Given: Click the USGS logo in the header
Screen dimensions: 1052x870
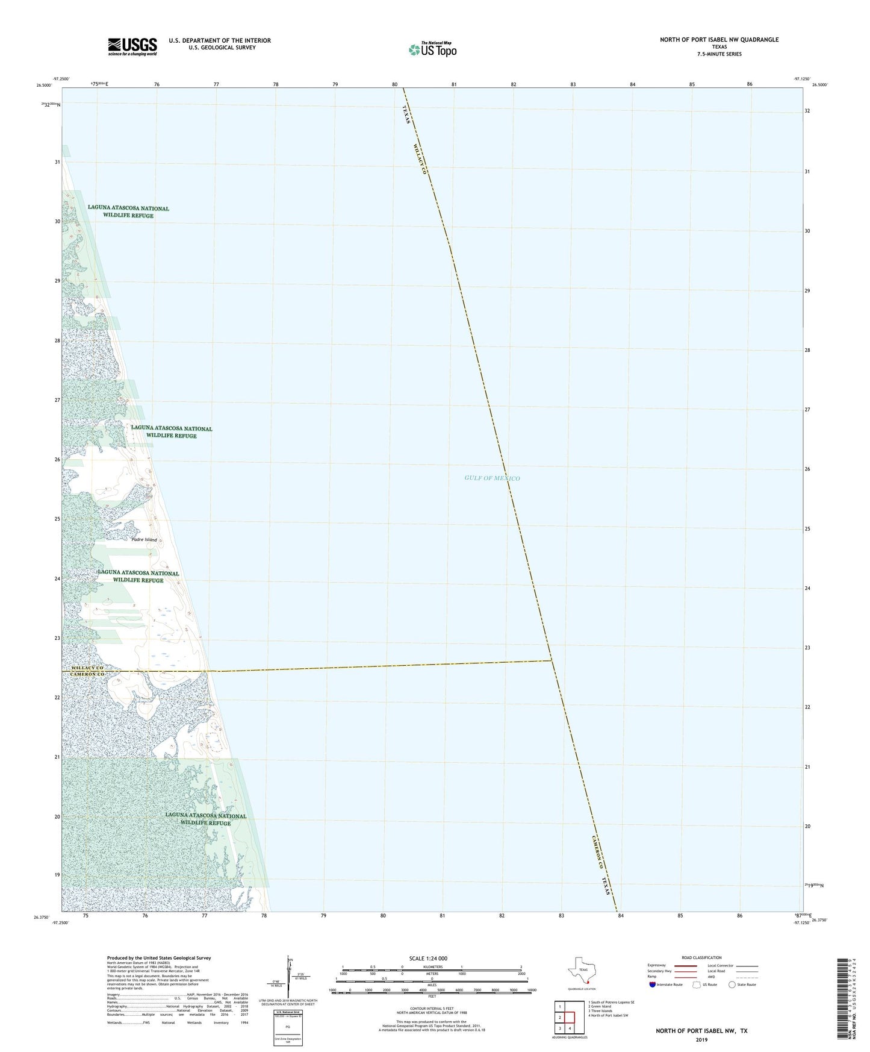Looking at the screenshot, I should click(x=132, y=46).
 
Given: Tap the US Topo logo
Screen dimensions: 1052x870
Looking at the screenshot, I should click(x=432, y=49).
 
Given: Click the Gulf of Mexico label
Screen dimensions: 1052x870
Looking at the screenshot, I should click(x=492, y=478).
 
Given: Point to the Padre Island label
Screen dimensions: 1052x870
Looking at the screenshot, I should click(x=144, y=540).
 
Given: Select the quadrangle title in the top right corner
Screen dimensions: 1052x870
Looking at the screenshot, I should click(x=719, y=40).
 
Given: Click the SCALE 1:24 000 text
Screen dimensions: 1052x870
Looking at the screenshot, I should click(x=428, y=959).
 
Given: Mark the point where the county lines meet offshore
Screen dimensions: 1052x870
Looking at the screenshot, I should click(x=552, y=661).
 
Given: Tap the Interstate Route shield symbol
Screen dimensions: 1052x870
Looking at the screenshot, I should click(x=653, y=985).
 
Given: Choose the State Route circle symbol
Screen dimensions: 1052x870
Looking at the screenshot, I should click(x=732, y=985).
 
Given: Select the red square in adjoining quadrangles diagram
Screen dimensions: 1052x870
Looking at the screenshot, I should click(x=570, y=1017).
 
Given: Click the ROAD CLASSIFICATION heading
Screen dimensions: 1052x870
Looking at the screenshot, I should click(x=701, y=957).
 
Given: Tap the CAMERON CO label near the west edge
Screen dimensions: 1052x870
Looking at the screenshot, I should click(x=88, y=674).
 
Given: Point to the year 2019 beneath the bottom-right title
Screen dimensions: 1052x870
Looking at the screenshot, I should click(x=701, y=1039).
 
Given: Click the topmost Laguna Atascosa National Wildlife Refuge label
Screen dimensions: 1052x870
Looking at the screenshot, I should click(x=128, y=211).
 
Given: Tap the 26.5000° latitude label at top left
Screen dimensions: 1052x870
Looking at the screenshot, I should click(x=44, y=86).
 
